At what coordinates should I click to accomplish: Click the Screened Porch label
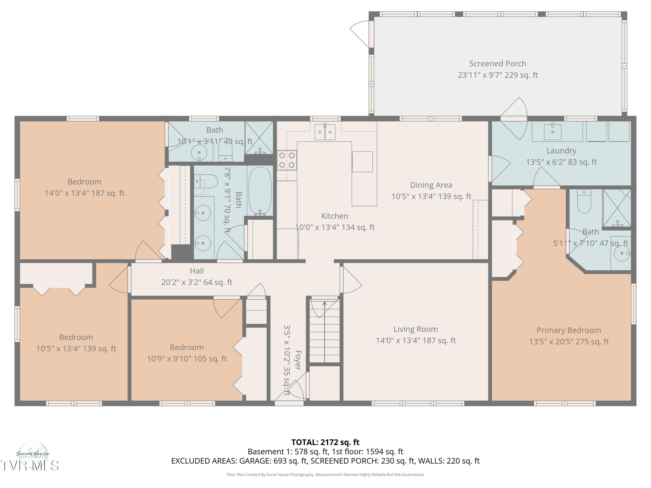click(x=497, y=64)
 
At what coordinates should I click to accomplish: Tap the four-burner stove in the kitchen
click(x=287, y=160)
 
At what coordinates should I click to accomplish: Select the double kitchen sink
click(x=325, y=132)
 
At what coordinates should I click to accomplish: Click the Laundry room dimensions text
click(x=561, y=162)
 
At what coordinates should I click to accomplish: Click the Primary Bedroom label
click(x=569, y=330)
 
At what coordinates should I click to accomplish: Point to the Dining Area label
click(x=431, y=185)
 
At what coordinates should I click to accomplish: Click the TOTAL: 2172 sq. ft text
click(x=325, y=442)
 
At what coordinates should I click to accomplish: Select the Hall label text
click(x=197, y=271)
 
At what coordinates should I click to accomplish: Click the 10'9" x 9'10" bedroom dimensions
click(x=187, y=359)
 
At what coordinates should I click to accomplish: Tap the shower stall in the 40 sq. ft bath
click(x=259, y=137)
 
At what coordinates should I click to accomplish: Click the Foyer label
click(x=298, y=360)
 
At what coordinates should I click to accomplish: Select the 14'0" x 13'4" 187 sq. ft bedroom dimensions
click(x=84, y=193)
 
